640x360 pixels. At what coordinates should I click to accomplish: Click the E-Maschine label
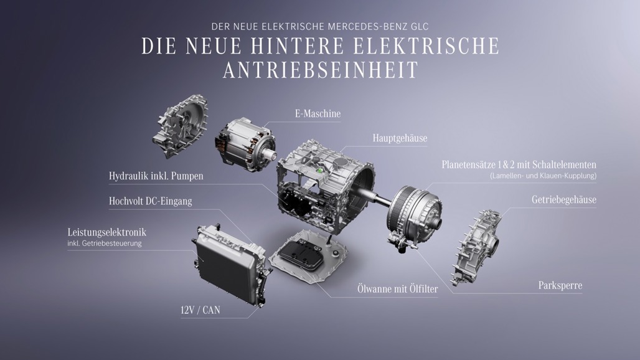pyautogui.click(x=318, y=113)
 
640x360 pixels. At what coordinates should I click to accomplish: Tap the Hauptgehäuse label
pyautogui.click(x=400, y=138)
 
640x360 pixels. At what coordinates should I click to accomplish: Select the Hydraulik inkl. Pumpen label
pyautogui.click(x=156, y=176)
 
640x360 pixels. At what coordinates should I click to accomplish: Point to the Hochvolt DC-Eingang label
pyautogui.click(x=150, y=201)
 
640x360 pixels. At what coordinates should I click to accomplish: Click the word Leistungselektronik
pyautogui.click(x=107, y=232)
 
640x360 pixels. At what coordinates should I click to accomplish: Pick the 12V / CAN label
pyautogui.click(x=200, y=310)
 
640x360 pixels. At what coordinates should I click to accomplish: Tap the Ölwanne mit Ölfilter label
pyautogui.click(x=398, y=289)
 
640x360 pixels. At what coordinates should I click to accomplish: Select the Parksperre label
pyautogui.click(x=560, y=286)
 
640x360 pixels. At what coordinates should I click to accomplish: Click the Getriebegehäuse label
pyautogui.click(x=563, y=199)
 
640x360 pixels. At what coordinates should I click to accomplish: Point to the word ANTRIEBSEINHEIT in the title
pyautogui.click(x=321, y=70)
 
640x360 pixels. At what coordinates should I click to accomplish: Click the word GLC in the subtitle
pyautogui.click(x=420, y=27)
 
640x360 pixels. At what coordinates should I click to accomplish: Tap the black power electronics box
pyautogui.click(x=230, y=263)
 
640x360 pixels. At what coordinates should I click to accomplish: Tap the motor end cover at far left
pyautogui.click(x=180, y=126)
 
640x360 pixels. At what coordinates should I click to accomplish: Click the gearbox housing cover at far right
pyautogui.click(x=476, y=247)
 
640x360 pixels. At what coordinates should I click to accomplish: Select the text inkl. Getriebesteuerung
pyautogui.click(x=105, y=244)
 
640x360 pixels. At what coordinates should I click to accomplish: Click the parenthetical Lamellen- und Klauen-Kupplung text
pyautogui.click(x=544, y=176)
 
